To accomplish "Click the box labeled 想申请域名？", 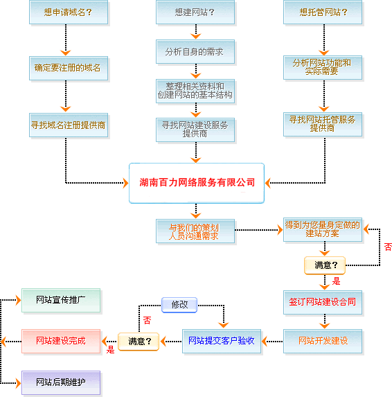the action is [x=69, y=12].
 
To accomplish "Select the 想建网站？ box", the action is [x=195, y=12].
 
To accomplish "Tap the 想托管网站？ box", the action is [x=323, y=12].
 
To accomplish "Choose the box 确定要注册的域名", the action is [x=69, y=68].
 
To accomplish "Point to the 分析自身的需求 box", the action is [x=195, y=52].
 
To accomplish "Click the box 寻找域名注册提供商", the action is [x=69, y=125].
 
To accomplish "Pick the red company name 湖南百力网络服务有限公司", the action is [x=197, y=182].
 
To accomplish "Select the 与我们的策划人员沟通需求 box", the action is [x=195, y=231].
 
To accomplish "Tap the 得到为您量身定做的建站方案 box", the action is [x=323, y=229].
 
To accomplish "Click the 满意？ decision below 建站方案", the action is [x=325, y=265].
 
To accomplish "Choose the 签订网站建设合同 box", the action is [x=323, y=302].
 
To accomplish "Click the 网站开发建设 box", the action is [x=323, y=341].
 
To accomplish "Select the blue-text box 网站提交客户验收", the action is [x=222, y=341].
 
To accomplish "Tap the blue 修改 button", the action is [x=179, y=305].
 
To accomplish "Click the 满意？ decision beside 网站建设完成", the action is [x=139, y=342].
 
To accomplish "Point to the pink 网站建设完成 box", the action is [x=61, y=341].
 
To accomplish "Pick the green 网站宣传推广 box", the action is [x=61, y=300].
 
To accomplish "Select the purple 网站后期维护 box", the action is [x=61, y=382].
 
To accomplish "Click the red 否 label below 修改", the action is [x=147, y=320].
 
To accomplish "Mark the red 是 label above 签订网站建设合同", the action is [x=336, y=281].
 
